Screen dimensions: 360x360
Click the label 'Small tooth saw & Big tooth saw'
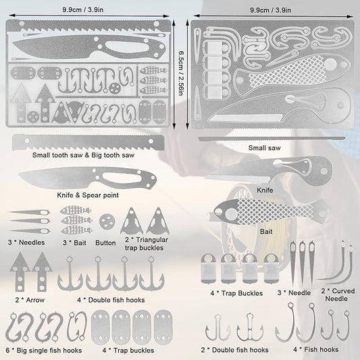pos(83,155)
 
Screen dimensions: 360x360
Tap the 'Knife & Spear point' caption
pos(88,195)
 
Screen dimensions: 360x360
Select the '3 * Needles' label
pos(26,242)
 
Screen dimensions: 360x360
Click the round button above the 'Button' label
pos(107,222)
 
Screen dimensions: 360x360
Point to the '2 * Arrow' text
pos(30,300)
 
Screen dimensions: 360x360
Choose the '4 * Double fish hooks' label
pos(111,300)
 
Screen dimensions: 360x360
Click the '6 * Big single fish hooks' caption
pos(44,351)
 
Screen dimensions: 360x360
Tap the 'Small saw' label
pos(265,148)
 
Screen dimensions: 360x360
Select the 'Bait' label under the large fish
pos(266,232)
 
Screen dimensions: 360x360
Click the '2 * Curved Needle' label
pos(338,294)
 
